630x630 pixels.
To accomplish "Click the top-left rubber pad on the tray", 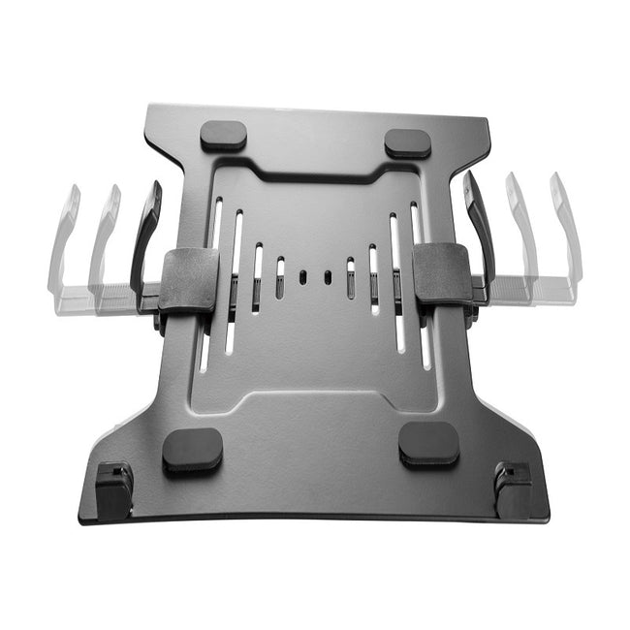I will pyautogui.click(x=223, y=136).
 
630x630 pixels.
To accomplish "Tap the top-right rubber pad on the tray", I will pyautogui.click(x=407, y=142).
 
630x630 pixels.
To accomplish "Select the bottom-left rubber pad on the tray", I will pyautogui.click(x=192, y=449).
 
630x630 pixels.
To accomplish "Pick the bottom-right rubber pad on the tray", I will pyautogui.click(x=428, y=444).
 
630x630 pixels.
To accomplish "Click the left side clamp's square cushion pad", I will pyautogui.click(x=189, y=280).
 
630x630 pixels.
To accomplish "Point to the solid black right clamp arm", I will pyautogui.click(x=480, y=228).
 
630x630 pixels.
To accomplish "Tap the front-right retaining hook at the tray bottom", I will pyautogui.click(x=512, y=485).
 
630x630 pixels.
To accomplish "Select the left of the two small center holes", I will pyautogui.click(x=303, y=276).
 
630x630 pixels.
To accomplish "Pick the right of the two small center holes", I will pyautogui.click(x=327, y=276).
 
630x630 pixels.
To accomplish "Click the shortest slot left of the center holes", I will pyautogui.click(x=280, y=277).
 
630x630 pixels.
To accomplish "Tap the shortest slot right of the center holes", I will pyautogui.click(x=350, y=276).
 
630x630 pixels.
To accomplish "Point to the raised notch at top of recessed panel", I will pyautogui.click(x=315, y=180).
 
